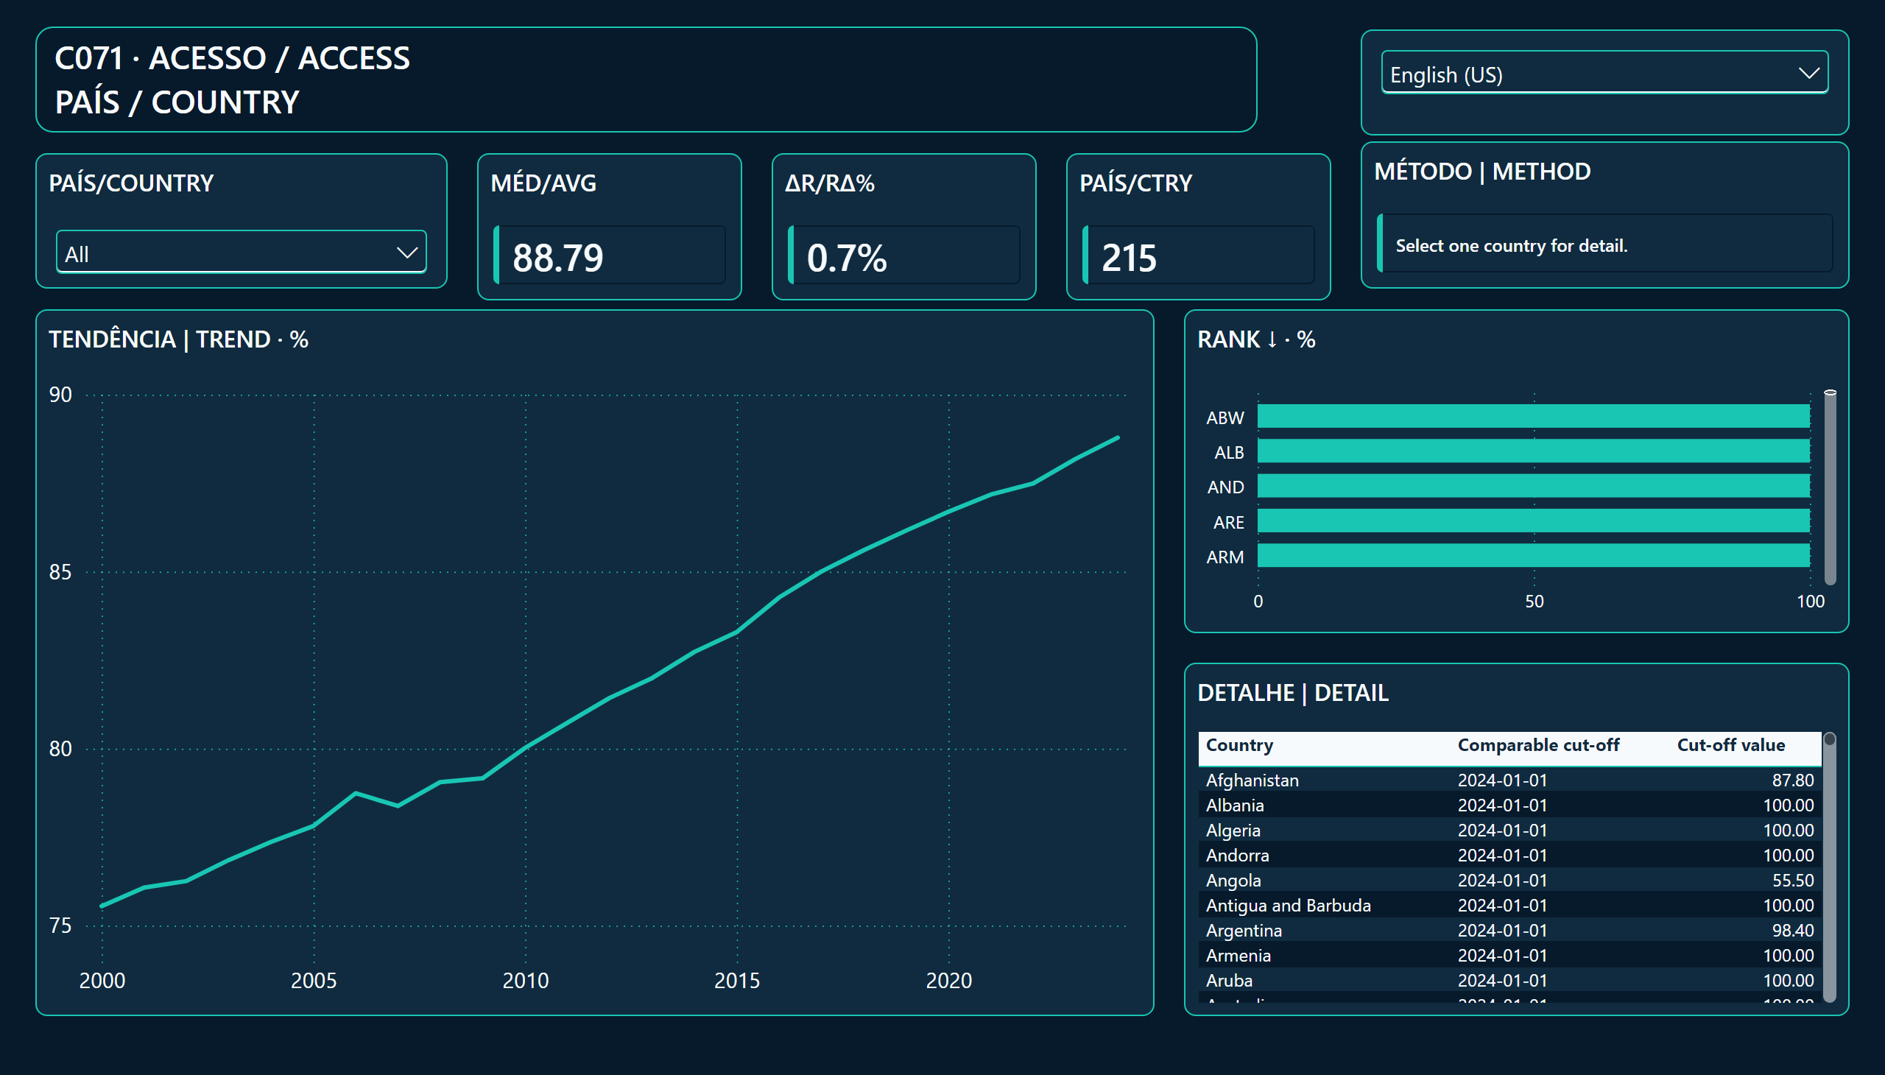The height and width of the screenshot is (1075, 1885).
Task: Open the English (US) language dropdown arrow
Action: coord(1808,73)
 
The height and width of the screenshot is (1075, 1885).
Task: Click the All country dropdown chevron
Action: coord(407,253)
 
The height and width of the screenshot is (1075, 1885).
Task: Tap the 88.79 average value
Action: coord(557,258)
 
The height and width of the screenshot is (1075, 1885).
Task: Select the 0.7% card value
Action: coord(846,258)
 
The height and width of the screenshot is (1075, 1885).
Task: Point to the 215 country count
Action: coord(1129,258)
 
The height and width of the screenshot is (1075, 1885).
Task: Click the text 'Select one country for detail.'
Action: coord(1512,246)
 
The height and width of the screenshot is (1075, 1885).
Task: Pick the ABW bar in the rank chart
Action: coord(1534,417)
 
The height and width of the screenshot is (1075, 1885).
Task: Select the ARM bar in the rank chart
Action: coord(1534,556)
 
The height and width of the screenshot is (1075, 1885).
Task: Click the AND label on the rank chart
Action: coord(1225,487)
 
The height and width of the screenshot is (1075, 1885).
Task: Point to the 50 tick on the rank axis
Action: coord(1535,602)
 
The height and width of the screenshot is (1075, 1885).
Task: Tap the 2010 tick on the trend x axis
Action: coord(526,981)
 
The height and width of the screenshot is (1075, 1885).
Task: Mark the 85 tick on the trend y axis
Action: coord(60,572)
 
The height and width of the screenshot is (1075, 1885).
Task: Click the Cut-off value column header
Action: coord(1730,745)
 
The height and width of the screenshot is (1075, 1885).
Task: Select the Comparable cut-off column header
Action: coord(1539,745)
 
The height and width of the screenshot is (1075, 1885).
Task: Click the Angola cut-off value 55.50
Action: coord(1793,880)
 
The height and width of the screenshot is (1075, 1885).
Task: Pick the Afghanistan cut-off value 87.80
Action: coord(1793,780)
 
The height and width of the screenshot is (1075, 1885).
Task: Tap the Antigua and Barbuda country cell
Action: coord(1288,905)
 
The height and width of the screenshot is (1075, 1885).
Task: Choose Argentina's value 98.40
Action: coord(1793,930)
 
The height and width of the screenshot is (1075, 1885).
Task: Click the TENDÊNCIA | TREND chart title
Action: coord(179,339)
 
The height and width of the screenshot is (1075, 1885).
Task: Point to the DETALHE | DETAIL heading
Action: coord(1293,693)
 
